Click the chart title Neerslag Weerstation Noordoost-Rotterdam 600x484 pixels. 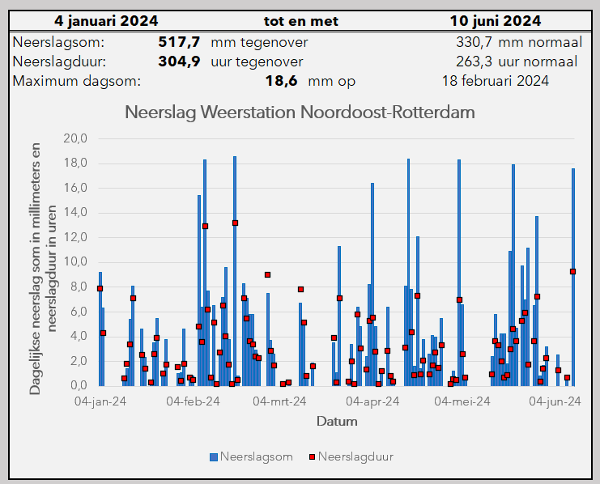pyautogui.click(x=300, y=112)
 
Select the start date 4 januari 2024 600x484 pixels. pyautogui.click(x=106, y=21)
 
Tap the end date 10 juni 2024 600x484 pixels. pyautogui.click(x=496, y=21)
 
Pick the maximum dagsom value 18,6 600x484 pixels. pyautogui.click(x=281, y=81)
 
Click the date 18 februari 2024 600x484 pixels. pyautogui.click(x=496, y=81)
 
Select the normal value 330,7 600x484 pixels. pyautogui.click(x=474, y=41)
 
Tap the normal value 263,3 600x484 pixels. pyautogui.click(x=474, y=62)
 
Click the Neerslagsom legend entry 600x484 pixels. pyautogui.click(x=251, y=457)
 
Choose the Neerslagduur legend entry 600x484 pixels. pyautogui.click(x=350, y=457)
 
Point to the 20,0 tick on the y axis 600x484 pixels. pyautogui.click(x=74, y=138)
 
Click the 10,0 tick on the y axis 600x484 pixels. pyautogui.click(x=74, y=262)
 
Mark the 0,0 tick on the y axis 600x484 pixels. pyautogui.click(x=78, y=385)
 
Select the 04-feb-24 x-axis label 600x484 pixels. pyautogui.click(x=193, y=401)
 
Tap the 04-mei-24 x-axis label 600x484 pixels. pyautogui.click(x=464, y=401)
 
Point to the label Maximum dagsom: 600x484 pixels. pyautogui.click(x=77, y=81)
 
